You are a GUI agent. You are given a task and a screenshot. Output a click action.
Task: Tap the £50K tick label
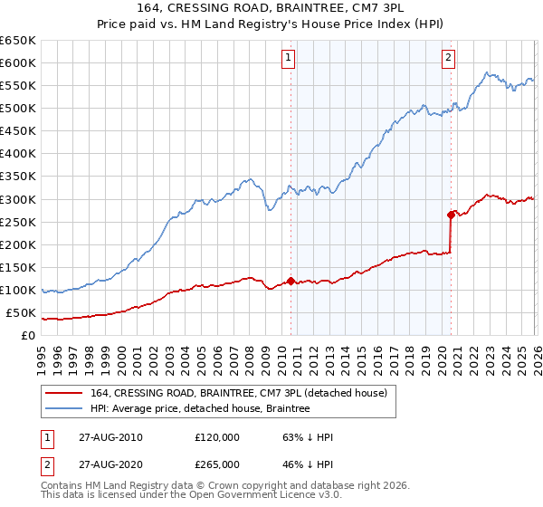(22, 313)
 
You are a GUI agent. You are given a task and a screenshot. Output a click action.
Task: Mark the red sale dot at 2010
(291, 281)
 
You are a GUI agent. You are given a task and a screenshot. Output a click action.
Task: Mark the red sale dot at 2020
(450, 215)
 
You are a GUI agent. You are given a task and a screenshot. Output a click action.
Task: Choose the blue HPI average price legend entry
(200, 409)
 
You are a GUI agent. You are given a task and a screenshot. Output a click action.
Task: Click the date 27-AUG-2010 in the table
(110, 436)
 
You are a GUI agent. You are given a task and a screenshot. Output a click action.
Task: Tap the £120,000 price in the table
(217, 436)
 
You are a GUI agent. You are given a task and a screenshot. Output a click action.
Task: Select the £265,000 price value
(217, 464)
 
